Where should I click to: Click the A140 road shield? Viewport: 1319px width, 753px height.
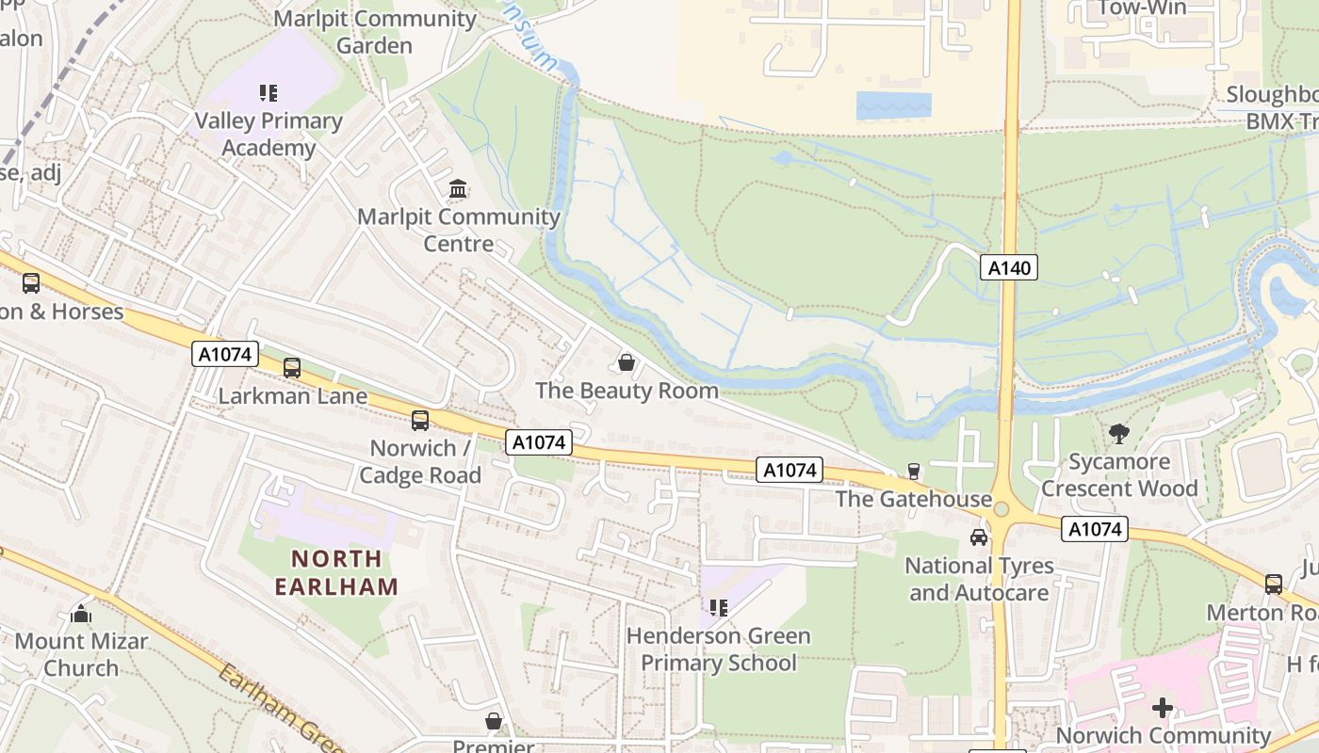pos(1009,268)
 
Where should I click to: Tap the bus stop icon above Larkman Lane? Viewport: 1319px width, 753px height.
pos(292,368)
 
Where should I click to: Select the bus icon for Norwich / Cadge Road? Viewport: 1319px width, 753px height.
pos(420,421)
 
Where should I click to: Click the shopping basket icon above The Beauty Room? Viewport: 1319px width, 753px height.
pos(627,362)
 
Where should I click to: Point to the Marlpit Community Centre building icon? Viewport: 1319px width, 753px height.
pos(459,189)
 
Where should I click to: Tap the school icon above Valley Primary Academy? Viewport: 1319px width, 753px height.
pos(269,93)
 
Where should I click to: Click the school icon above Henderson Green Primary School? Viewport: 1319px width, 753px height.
pos(719,608)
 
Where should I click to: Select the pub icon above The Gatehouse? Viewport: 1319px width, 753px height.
pos(913,471)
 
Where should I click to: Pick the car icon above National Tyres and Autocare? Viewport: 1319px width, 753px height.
pos(979,537)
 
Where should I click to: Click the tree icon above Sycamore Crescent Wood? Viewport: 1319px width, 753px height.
pos(1119,434)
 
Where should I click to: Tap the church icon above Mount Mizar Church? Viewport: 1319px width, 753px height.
pos(81,614)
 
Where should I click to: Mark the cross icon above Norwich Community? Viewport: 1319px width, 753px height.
pos(1163,707)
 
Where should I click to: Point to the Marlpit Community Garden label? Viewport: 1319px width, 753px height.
pos(375,32)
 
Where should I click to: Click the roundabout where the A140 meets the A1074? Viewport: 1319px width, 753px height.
pos(1001,509)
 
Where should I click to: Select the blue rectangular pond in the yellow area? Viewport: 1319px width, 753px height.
pos(893,105)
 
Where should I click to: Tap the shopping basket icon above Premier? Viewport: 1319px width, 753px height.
pos(494,722)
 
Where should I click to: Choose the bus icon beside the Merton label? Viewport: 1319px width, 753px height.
pos(1274,585)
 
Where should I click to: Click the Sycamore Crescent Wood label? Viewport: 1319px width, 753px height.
pos(1119,475)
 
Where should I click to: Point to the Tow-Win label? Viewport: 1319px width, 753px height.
pos(1142,9)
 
